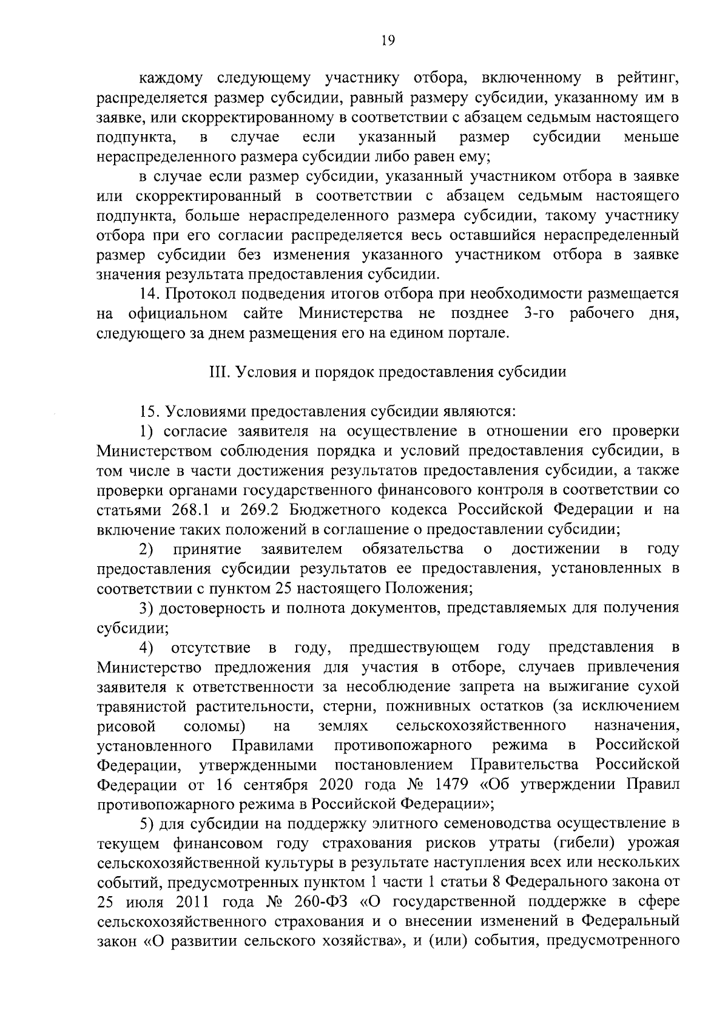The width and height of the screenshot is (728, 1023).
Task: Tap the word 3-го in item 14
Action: pos(534,314)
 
